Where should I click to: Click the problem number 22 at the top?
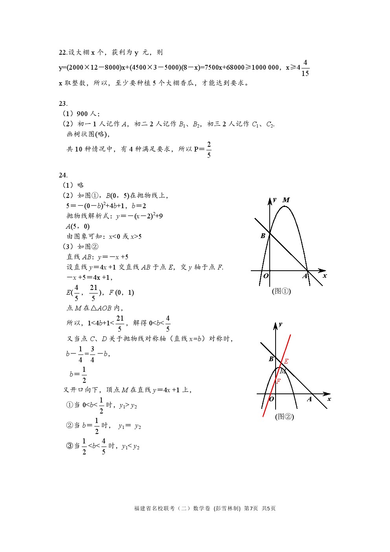click(63, 53)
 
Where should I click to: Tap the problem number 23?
click(63, 104)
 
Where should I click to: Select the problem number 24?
click(63, 175)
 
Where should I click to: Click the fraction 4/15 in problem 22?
click(305, 68)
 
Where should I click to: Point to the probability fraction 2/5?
click(209, 150)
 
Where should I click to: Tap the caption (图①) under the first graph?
click(281, 291)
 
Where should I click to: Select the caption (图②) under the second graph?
click(284, 416)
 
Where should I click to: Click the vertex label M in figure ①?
click(286, 200)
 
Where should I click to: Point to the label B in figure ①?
click(263, 236)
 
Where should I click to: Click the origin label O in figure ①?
click(266, 276)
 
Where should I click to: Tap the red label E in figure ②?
click(286, 361)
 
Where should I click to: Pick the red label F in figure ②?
click(278, 381)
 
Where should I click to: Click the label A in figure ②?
click(309, 399)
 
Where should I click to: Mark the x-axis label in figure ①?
click(325, 276)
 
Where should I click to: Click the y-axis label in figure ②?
click(280, 324)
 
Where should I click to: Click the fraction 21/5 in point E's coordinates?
click(94, 292)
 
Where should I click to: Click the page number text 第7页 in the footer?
click(251, 508)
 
